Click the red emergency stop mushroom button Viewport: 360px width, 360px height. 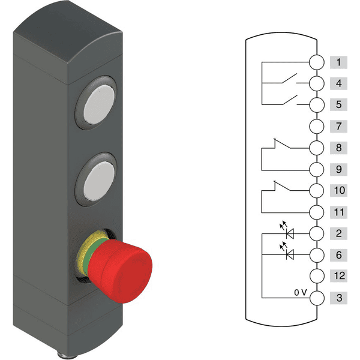[x=120, y=271]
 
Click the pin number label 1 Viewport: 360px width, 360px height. [x=338, y=62]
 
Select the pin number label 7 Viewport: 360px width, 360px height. [x=338, y=126]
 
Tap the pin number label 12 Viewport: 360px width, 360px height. [x=338, y=276]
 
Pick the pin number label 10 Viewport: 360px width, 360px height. [x=338, y=190]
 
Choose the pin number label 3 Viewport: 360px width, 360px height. [x=338, y=298]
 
